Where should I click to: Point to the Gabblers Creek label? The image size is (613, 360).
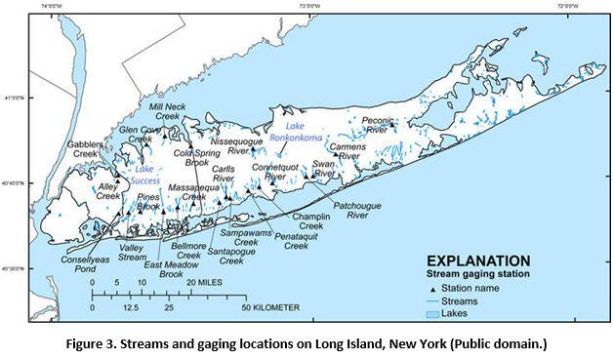pyautogui.click(x=84, y=149)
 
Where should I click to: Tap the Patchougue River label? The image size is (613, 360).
pyautogui.click(x=363, y=212)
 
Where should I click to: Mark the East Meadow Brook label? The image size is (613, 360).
pyautogui.click(x=164, y=270)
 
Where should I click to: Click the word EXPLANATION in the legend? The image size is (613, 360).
pyautogui.click(x=478, y=260)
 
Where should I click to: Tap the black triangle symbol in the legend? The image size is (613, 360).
pyautogui.click(x=430, y=289)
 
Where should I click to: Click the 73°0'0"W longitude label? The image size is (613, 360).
pyautogui.click(x=312, y=5)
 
